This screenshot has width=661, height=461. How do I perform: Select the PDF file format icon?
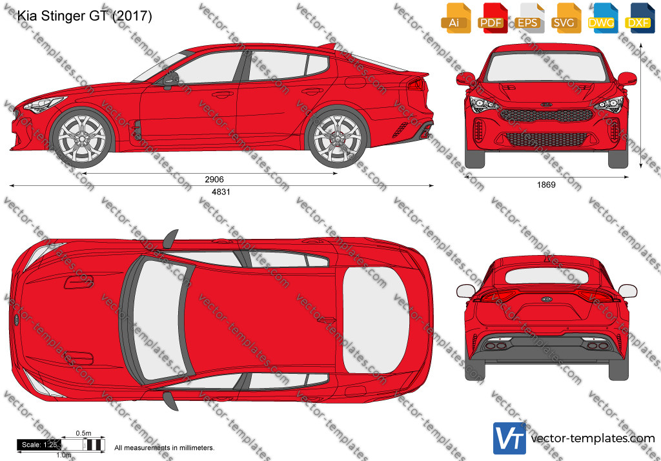[x=493, y=18]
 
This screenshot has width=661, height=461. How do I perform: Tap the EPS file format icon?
[x=529, y=18]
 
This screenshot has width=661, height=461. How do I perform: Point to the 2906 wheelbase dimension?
[x=214, y=179]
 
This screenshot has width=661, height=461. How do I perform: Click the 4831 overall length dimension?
[x=221, y=192]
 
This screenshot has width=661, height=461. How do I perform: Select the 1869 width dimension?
[x=546, y=185]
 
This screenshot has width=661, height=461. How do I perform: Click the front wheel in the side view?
[x=82, y=138]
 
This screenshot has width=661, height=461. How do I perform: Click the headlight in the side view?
[x=44, y=104]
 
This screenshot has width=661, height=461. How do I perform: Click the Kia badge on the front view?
[x=546, y=104]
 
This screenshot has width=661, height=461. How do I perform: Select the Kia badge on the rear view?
[x=546, y=299]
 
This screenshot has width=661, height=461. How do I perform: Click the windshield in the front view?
[x=546, y=67]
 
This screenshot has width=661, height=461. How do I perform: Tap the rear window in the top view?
[x=375, y=320]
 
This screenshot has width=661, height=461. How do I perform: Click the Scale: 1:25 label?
[x=39, y=445]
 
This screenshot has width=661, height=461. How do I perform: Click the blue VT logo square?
[x=509, y=438]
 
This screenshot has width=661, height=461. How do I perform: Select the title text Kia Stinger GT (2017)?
[x=85, y=15]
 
